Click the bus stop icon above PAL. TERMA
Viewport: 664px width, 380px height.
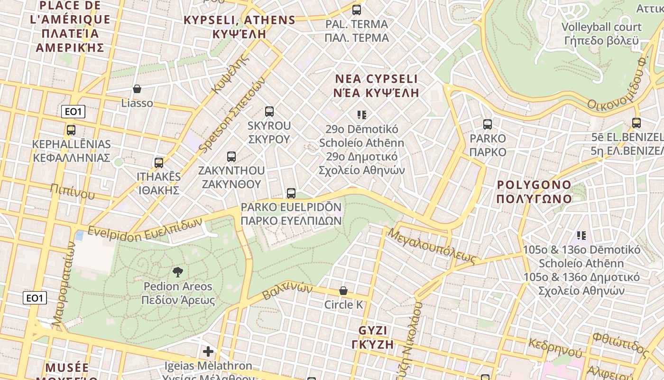[x=357, y=10]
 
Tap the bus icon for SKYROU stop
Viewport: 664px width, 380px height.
[x=269, y=112]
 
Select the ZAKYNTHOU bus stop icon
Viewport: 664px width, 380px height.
[x=231, y=156]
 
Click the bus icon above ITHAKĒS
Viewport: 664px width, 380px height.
[x=159, y=162]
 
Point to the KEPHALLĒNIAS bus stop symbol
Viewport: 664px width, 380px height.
[x=71, y=130]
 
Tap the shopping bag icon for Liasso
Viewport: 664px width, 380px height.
[x=137, y=89]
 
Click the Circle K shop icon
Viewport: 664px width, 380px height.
[x=343, y=291]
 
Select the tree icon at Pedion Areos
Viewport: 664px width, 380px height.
[x=178, y=272]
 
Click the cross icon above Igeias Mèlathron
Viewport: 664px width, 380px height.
[x=208, y=351]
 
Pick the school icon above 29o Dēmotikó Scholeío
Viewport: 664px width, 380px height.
[x=362, y=114]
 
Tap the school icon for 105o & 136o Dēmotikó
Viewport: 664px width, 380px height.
[x=581, y=235]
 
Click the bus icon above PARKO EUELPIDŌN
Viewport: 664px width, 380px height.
[x=291, y=193]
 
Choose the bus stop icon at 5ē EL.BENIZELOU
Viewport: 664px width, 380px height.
[x=636, y=123]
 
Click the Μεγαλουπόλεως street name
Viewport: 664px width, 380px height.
[x=432, y=246]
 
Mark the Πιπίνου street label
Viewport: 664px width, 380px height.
[x=72, y=191]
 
